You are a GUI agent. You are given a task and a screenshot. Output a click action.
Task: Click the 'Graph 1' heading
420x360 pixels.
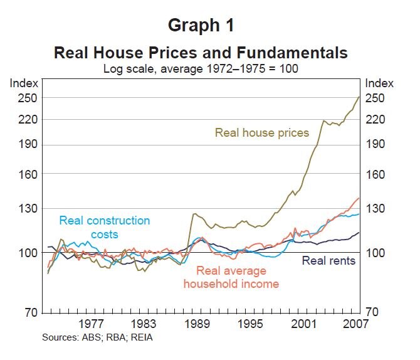(x=201, y=26)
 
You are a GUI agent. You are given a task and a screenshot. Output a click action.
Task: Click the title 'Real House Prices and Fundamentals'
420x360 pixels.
(x=201, y=51)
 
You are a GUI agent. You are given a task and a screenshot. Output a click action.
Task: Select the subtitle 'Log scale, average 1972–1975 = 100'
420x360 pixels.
(x=201, y=68)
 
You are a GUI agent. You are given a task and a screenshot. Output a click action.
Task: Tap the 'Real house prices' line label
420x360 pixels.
(x=262, y=132)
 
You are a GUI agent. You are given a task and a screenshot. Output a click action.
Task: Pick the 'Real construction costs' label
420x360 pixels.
(x=104, y=227)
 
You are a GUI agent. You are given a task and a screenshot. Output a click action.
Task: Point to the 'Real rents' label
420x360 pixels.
(x=328, y=260)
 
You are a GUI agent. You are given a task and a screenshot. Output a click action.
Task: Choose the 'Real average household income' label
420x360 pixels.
(x=231, y=277)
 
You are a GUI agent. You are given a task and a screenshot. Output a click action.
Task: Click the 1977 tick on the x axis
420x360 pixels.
(x=92, y=324)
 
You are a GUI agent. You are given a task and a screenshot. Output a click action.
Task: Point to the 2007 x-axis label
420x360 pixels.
(x=355, y=324)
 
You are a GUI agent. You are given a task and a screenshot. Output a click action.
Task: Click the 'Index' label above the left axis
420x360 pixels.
(x=24, y=83)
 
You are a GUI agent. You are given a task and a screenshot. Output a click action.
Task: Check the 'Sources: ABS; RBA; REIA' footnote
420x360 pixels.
(x=97, y=337)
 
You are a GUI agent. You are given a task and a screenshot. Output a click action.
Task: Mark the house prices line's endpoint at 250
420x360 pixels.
(x=359, y=97)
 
